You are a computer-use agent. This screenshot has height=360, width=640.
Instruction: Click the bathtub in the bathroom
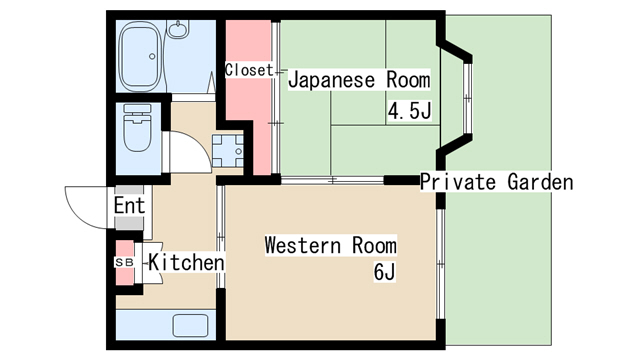coord(140,56)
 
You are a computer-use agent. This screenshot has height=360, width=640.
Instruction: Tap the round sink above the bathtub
coord(178,29)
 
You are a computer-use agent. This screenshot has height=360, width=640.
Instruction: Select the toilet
coord(137,127)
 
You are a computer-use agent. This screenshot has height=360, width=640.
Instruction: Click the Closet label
coord(249,70)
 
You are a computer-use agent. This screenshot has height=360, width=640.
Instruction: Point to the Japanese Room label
coord(359,80)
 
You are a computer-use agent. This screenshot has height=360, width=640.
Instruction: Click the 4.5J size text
coord(409,111)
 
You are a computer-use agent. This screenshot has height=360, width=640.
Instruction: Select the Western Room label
coord(331,245)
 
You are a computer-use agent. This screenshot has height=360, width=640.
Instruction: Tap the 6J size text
coord(384,272)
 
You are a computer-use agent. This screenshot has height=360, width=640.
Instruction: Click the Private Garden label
coord(497,182)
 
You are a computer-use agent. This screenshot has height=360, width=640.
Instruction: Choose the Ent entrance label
coord(129,205)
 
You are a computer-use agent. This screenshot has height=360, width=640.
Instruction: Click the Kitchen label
coord(186,262)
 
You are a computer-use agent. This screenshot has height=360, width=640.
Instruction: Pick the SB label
coord(124,262)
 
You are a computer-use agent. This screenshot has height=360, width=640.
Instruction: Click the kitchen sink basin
coord(190,325)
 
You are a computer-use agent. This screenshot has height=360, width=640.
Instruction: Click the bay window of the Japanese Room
coord(468,98)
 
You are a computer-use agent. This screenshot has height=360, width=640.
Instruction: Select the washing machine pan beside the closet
coord(227,151)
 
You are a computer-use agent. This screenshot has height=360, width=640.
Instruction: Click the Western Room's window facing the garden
coord(440,264)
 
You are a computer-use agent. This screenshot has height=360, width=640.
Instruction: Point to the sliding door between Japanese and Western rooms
coord(332,180)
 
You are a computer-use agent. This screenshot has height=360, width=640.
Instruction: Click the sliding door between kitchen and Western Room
coord(220,237)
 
